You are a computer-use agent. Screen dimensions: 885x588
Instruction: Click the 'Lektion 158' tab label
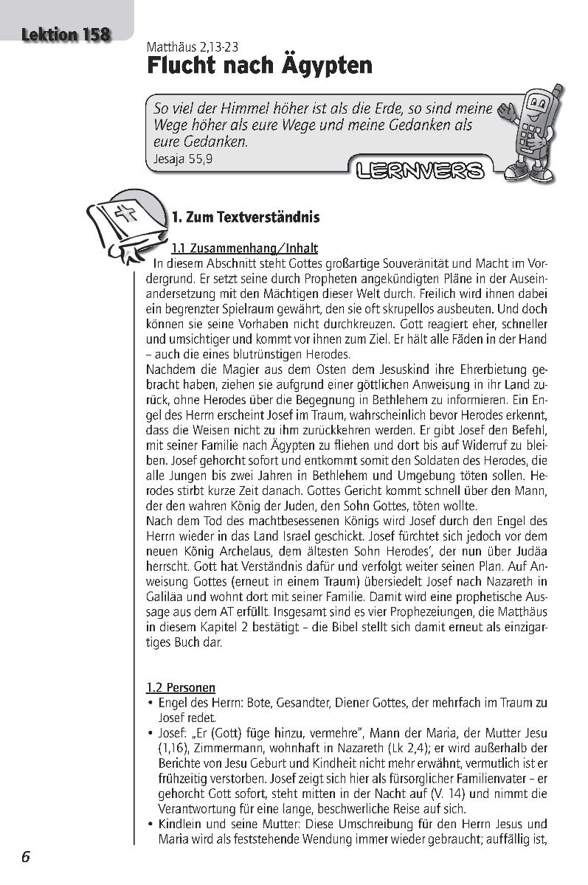pyautogui.click(x=66, y=34)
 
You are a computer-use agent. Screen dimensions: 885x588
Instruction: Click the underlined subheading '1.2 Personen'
pyautogui.click(x=181, y=687)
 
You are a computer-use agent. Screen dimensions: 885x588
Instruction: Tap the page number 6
pyautogui.click(x=25, y=857)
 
